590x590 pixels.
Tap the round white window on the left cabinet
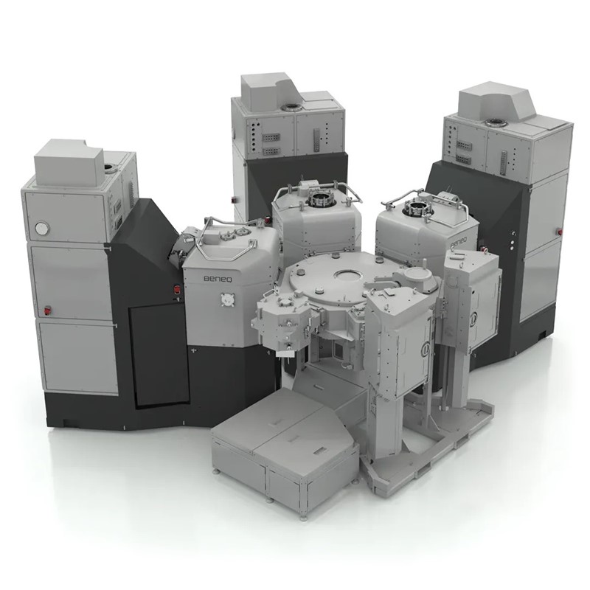pos(41,227)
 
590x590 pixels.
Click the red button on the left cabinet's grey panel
pos(48,310)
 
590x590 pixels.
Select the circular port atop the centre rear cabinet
pos(291,108)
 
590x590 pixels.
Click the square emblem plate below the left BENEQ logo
pos(227,300)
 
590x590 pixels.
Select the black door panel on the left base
pos(159,355)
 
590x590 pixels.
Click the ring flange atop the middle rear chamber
pos(319,200)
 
